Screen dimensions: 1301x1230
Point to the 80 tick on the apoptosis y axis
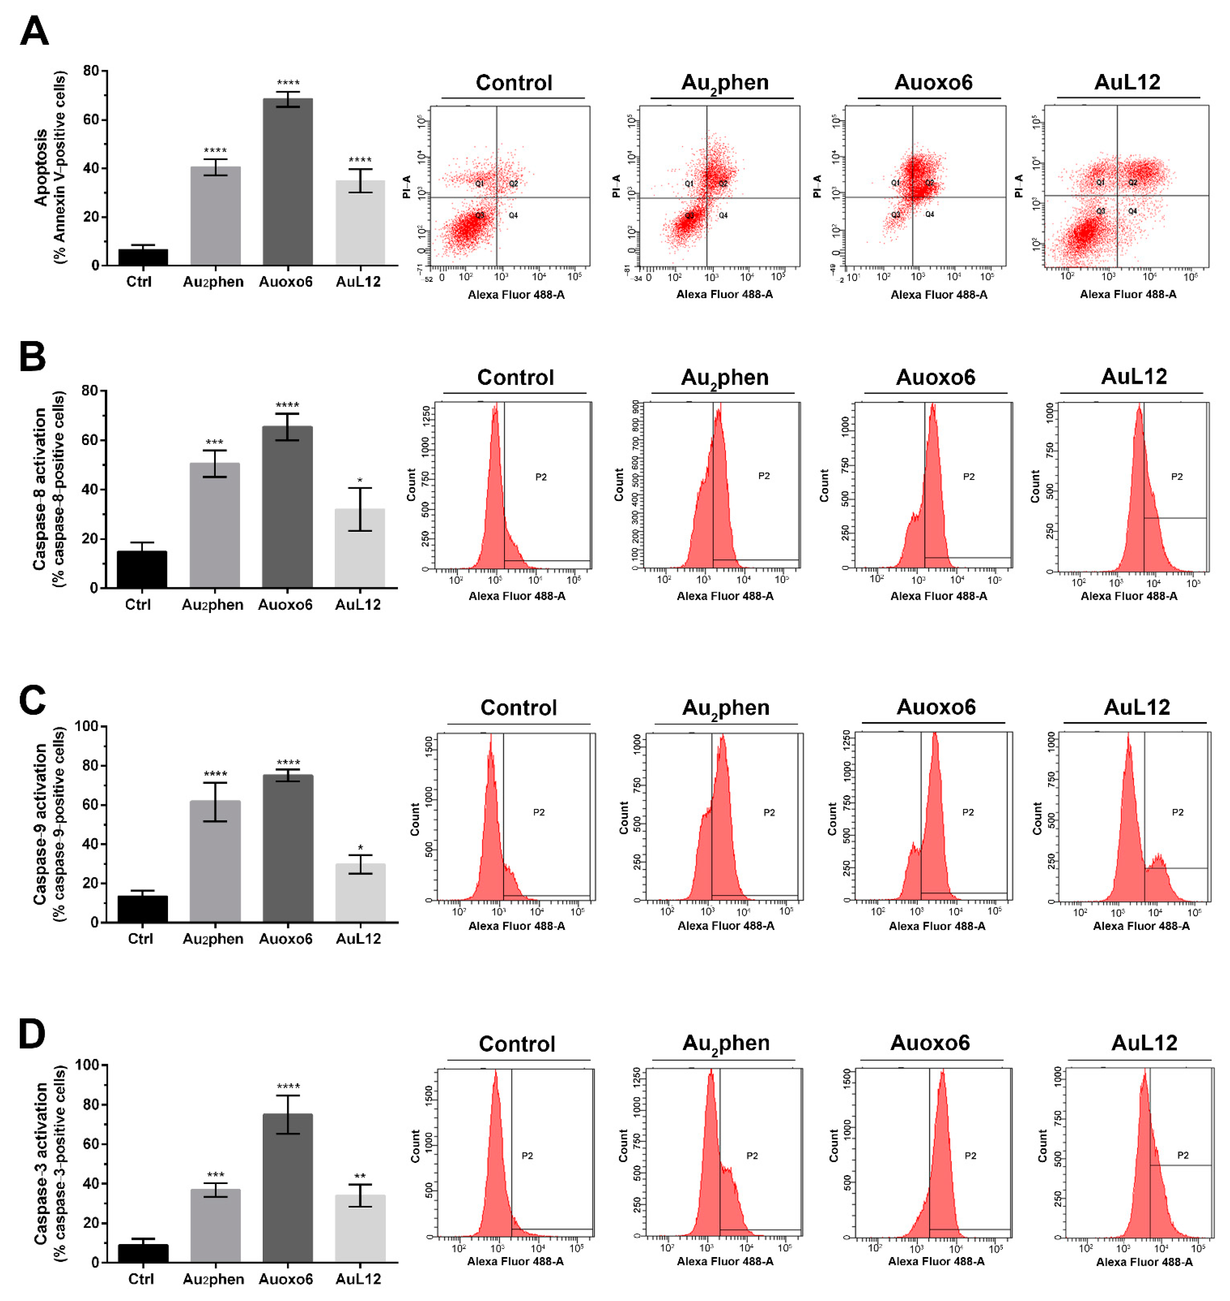90,71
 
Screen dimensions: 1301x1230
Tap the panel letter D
32,1034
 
